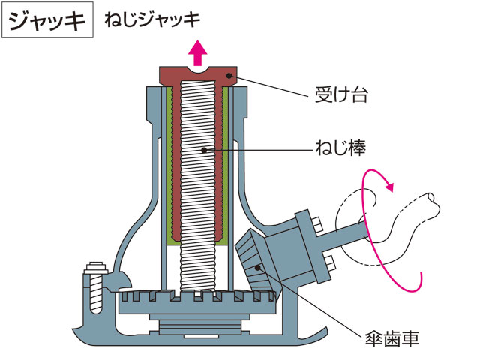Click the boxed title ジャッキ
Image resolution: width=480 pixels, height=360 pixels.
(47, 20)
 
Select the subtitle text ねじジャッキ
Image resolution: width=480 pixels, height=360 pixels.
(152, 20)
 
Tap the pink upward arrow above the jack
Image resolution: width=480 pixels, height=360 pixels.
(198, 52)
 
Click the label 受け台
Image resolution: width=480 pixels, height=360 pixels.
(341, 94)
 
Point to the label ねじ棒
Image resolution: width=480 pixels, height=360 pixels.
(340, 148)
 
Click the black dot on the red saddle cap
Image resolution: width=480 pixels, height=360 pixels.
(229, 76)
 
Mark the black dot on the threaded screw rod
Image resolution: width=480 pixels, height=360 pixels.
(204, 150)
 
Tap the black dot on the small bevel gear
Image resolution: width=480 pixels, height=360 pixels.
(258, 268)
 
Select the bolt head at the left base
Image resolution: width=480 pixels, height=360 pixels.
(96, 268)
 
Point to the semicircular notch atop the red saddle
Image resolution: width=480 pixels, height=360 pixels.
(198, 69)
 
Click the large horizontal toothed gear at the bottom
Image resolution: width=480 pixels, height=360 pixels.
(197, 301)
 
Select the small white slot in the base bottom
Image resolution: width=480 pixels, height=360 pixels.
(201, 336)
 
